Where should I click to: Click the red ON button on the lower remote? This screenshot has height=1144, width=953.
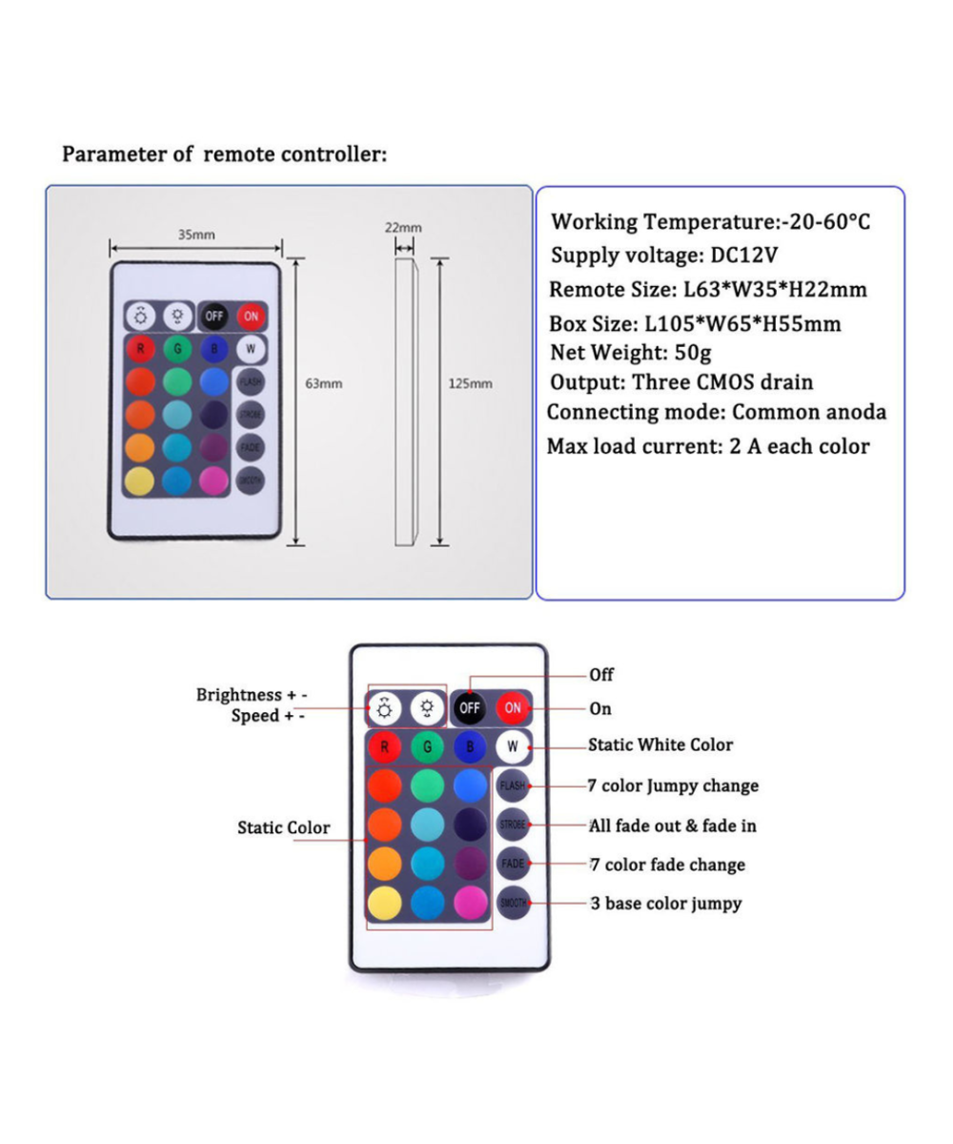coord(513,707)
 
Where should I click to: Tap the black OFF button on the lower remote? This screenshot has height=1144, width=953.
coord(469,707)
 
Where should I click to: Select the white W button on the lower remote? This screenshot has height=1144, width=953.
coord(513,746)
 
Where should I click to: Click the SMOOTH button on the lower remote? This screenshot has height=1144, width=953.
coord(513,902)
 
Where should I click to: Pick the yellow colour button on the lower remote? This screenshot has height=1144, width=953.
coord(384,902)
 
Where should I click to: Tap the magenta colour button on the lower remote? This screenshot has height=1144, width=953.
coord(470,902)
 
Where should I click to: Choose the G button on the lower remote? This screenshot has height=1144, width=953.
coord(427,746)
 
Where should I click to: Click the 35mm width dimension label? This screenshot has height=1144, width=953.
coord(196,234)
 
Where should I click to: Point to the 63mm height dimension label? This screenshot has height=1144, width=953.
coord(323,383)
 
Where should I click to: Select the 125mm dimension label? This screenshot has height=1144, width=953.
coord(470,383)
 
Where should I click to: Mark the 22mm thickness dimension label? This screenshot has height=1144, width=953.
coord(403,228)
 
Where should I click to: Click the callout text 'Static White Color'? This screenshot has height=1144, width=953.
coord(660,745)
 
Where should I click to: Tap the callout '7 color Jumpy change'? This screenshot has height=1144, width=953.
coord(674,786)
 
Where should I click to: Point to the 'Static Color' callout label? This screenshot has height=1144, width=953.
coord(283,827)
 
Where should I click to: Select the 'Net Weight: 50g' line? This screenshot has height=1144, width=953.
coord(631,353)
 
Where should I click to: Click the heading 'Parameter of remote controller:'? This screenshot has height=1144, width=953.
coord(225,154)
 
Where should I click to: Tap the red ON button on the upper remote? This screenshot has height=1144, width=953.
coord(252,316)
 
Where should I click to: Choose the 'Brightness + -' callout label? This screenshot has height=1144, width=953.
coord(252,695)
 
